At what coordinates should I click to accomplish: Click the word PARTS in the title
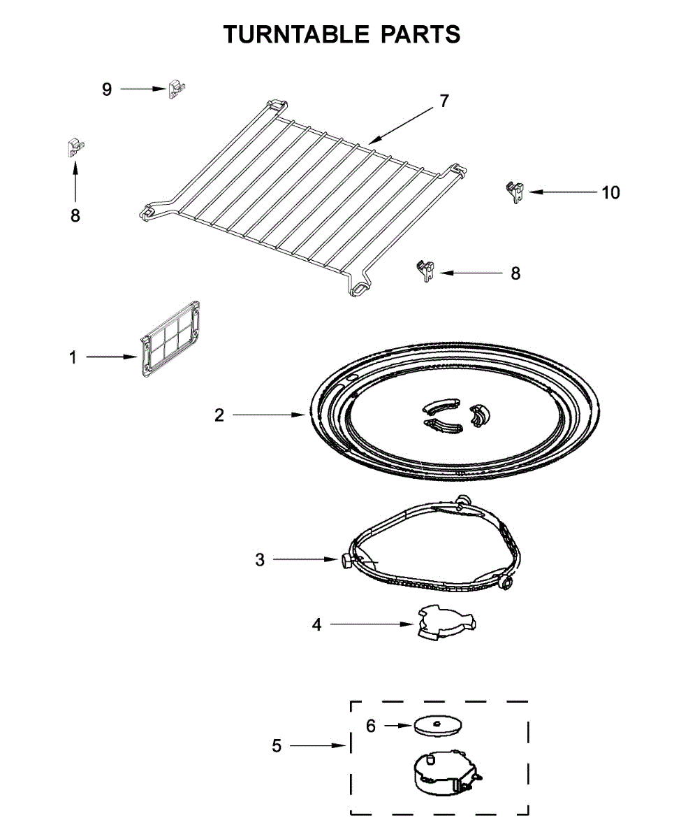[x=420, y=34]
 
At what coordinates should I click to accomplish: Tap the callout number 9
[x=107, y=89]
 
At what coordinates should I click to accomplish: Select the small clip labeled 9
[x=177, y=89]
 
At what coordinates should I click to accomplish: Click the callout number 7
[x=444, y=101]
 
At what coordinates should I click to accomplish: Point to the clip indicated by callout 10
[x=515, y=191]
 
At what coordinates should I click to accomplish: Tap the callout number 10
[x=610, y=192]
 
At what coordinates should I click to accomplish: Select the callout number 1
[x=73, y=357]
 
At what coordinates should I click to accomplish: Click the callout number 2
[x=219, y=415]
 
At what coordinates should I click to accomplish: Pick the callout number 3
[x=260, y=560]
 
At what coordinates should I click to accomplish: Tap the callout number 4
[x=317, y=625]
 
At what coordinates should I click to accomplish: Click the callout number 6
[x=371, y=726]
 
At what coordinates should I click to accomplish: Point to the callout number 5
[x=277, y=746]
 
